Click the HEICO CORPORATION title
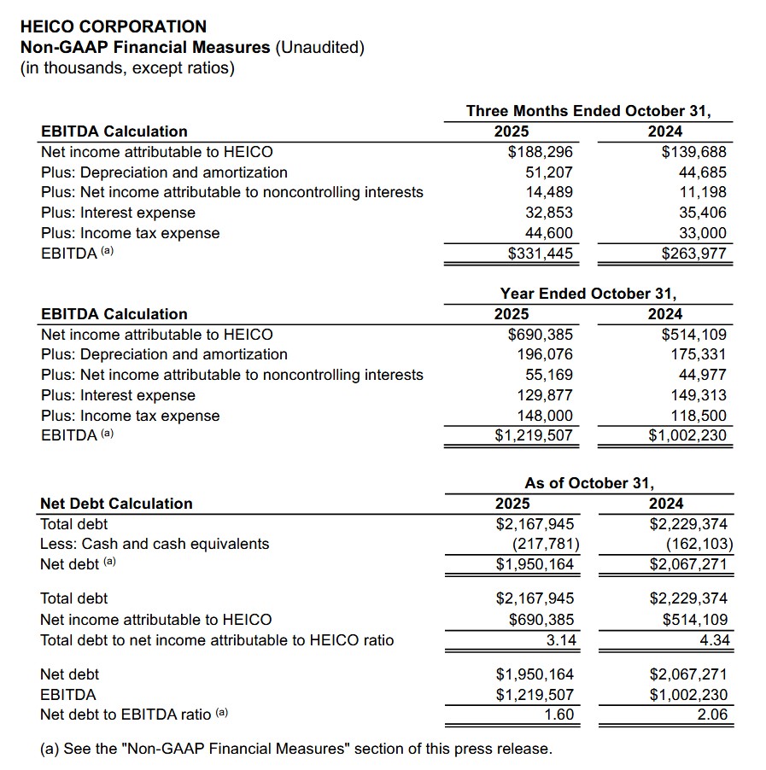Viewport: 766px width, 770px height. (113, 27)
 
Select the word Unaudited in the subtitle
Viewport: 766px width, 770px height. (319, 48)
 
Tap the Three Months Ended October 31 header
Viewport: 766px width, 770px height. (588, 111)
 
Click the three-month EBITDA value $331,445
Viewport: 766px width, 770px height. (541, 254)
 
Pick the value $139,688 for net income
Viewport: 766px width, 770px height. (694, 152)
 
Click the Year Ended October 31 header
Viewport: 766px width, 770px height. (588, 294)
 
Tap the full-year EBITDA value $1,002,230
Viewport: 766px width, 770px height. (688, 436)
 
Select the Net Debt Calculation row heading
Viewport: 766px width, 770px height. (116, 504)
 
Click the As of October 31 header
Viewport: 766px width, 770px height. (589, 483)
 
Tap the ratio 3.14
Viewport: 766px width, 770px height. (561, 640)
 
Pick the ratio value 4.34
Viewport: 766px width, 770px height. (714, 640)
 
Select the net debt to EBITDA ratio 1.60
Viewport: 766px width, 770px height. (559, 715)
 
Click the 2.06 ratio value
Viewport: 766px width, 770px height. (713, 715)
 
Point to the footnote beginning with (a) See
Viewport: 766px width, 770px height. (295, 750)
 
